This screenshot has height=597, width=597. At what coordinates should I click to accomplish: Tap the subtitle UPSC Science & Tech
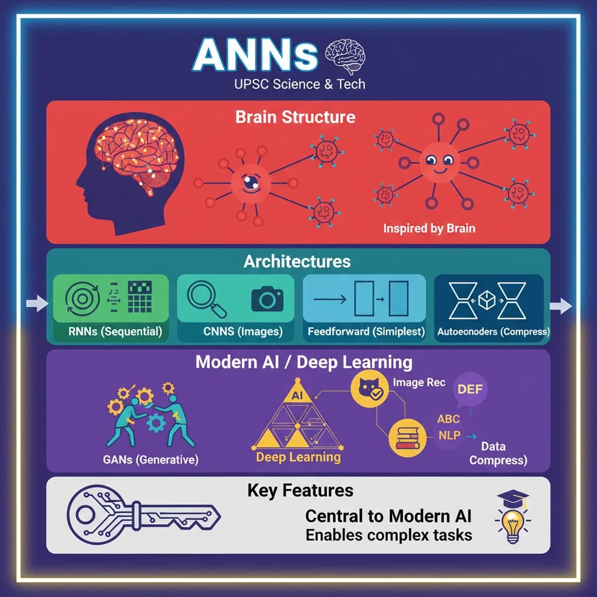[x=300, y=84]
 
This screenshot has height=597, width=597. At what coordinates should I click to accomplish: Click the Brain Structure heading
[x=296, y=117]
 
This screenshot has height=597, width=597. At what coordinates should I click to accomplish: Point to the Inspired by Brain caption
[x=429, y=229]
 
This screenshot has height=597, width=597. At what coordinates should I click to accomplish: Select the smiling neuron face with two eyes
[x=440, y=163]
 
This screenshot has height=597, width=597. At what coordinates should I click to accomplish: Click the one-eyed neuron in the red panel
[x=251, y=184]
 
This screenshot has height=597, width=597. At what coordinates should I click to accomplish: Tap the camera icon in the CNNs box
[x=267, y=299]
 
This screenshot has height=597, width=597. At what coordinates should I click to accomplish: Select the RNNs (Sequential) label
[x=115, y=331]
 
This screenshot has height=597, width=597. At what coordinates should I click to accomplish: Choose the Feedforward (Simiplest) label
[x=366, y=331]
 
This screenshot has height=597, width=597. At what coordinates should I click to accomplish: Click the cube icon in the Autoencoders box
[x=487, y=300]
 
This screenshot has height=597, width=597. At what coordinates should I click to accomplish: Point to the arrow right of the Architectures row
[x=561, y=305]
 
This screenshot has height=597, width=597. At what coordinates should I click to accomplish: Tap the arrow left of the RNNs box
[x=37, y=303]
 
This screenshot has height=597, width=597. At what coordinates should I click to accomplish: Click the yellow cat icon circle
[x=369, y=388]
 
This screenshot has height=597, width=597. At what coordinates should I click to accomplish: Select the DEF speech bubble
[x=470, y=389]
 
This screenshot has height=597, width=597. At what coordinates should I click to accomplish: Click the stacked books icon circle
[x=407, y=438]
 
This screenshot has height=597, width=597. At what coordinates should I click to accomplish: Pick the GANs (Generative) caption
[x=150, y=459]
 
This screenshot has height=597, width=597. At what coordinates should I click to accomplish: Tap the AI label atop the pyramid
[x=297, y=395]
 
